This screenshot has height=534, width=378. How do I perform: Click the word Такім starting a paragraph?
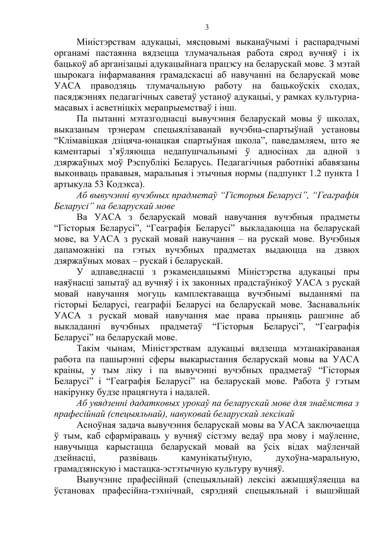point(87,348)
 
